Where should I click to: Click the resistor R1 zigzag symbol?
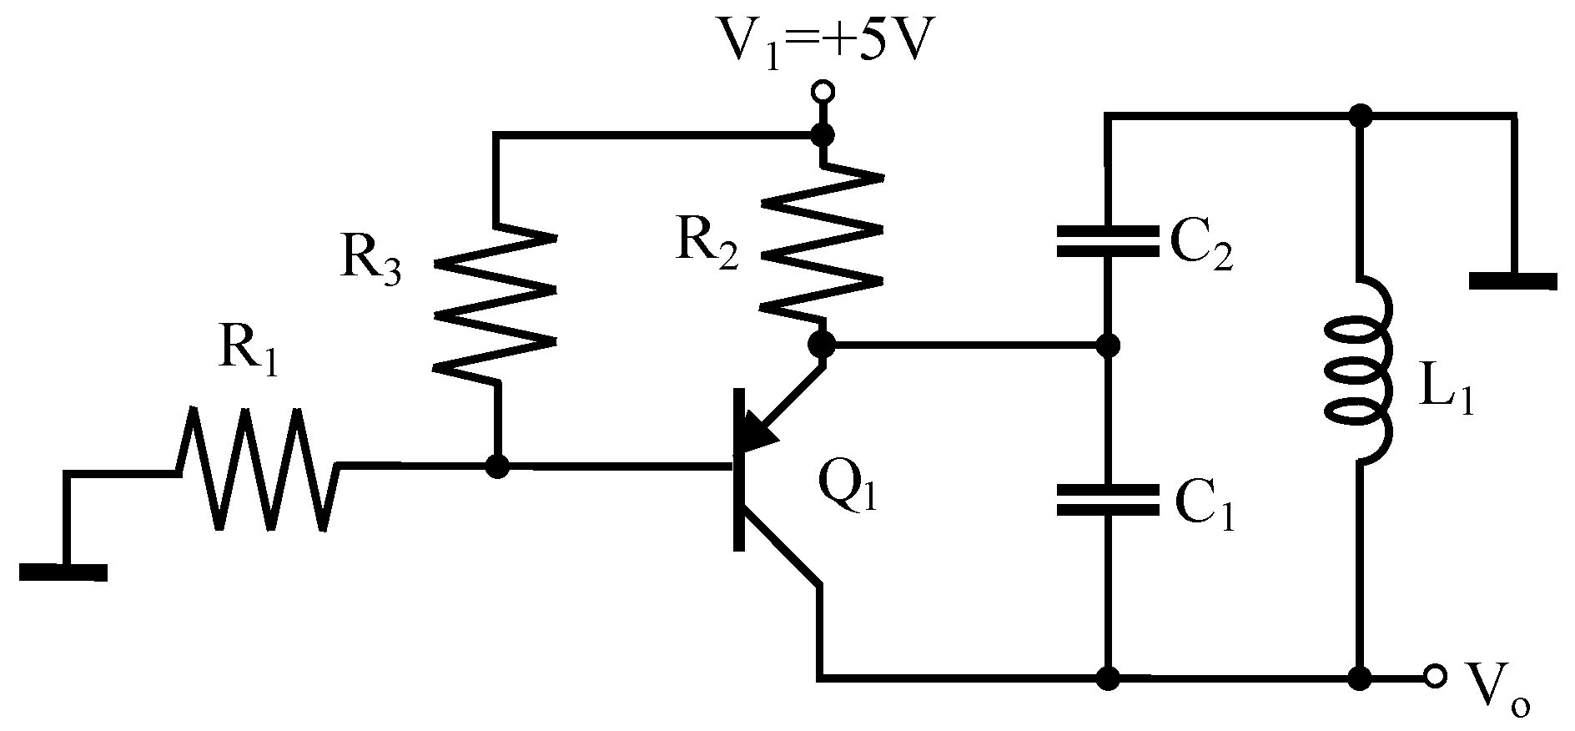click(257, 468)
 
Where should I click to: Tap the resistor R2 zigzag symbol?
click(823, 246)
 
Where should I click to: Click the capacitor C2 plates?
click(1107, 241)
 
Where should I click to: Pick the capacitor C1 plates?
click(1107, 500)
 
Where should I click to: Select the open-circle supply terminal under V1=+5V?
click(823, 90)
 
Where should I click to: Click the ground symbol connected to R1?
click(63, 572)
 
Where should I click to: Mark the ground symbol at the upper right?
click(1512, 280)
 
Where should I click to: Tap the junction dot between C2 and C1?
click(1107, 344)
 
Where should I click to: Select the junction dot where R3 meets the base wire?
click(497, 466)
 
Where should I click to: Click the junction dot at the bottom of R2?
click(823, 343)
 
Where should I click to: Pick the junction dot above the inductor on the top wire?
click(1361, 116)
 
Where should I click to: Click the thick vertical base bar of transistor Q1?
click(738, 470)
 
